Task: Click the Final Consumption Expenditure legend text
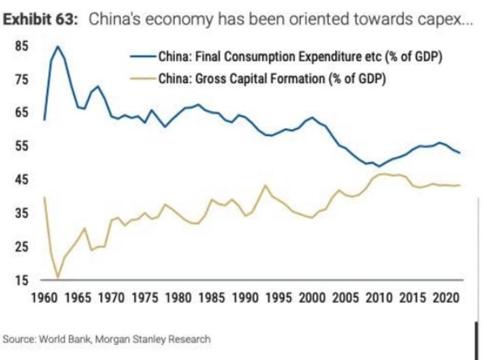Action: tap(299, 56)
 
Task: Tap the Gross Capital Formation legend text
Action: tap(271, 79)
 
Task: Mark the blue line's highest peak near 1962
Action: tap(57, 47)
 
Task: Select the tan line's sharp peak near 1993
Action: tap(264, 185)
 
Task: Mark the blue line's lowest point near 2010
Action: tap(379, 166)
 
